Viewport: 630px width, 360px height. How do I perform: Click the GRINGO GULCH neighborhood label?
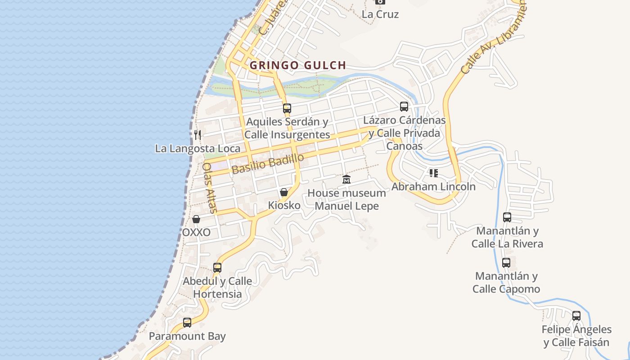298,65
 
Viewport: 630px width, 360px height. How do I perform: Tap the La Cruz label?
380,14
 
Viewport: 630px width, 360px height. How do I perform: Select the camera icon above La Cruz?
380,1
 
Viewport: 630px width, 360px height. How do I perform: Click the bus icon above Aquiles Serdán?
287,108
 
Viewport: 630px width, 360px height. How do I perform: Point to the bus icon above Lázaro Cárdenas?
404,107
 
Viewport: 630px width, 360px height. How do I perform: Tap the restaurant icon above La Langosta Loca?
197,135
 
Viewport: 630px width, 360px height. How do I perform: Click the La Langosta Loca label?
198,148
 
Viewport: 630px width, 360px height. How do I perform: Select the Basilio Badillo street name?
268,163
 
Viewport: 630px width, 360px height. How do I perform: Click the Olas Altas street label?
210,188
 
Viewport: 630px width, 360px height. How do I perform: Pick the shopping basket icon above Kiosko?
284,193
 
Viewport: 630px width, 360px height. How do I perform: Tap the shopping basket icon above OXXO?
196,220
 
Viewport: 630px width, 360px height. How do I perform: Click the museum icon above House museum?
346,180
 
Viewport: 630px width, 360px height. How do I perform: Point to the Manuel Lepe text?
346,206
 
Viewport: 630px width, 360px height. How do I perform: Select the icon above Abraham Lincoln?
434,173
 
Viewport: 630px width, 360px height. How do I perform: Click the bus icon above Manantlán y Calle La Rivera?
507,217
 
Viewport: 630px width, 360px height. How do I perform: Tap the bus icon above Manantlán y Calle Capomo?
506,263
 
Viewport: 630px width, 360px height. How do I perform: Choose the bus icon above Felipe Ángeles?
576,316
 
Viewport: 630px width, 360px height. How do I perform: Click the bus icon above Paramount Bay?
187,323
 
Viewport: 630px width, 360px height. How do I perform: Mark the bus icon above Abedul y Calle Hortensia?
217,268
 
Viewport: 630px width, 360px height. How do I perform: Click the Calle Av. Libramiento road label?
493,40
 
